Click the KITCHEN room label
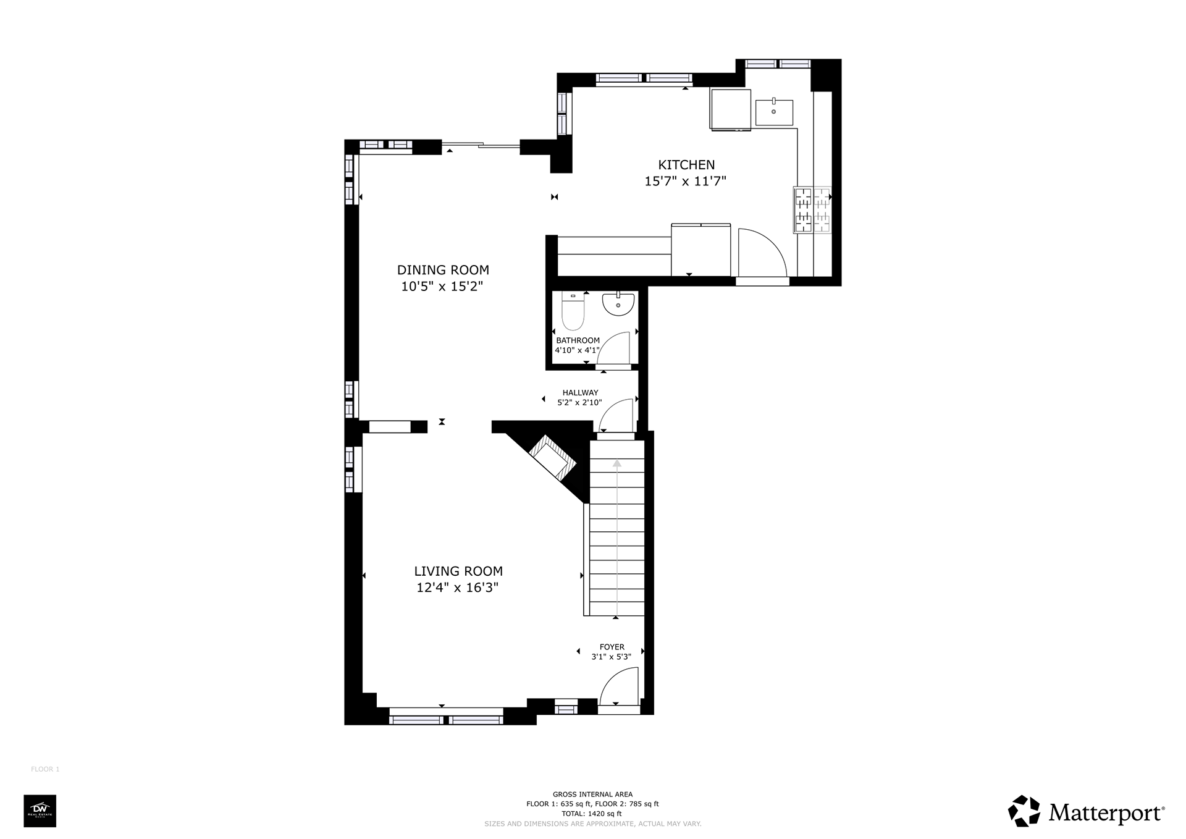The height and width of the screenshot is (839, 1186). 686,165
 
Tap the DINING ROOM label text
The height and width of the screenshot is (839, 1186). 443,270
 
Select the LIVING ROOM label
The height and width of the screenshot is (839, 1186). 458,571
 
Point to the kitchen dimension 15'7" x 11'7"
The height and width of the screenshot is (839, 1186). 686,182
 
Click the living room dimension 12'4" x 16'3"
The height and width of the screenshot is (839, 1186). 458,588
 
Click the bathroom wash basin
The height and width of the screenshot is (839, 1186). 618,303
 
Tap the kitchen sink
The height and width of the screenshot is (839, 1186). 774,112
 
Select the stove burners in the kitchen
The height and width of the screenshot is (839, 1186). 812,210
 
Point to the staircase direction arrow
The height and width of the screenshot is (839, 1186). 617,538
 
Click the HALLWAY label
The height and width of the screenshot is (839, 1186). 580,393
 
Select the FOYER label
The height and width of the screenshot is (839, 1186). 612,647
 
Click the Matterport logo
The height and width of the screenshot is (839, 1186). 1087,811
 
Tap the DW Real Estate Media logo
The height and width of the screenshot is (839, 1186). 40,811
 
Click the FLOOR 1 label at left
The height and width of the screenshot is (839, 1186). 45,769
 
